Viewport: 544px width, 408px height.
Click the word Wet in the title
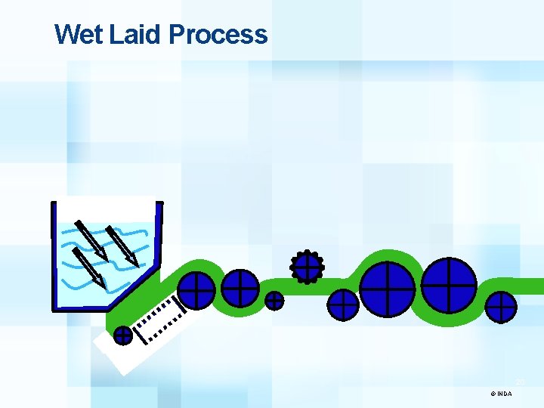coord(79,34)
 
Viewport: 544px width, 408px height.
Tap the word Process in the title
coord(218,34)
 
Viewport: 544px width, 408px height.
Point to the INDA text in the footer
coord(505,394)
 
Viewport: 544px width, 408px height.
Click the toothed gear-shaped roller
coord(307,265)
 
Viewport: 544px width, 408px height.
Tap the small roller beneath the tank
coord(122,334)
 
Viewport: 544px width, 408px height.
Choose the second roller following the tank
coord(240,288)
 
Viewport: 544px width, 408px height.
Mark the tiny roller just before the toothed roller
coord(275,301)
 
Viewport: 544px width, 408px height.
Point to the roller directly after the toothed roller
coord(343,305)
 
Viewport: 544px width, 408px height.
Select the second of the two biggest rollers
coord(449,285)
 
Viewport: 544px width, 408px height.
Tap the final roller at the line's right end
coord(501,308)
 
